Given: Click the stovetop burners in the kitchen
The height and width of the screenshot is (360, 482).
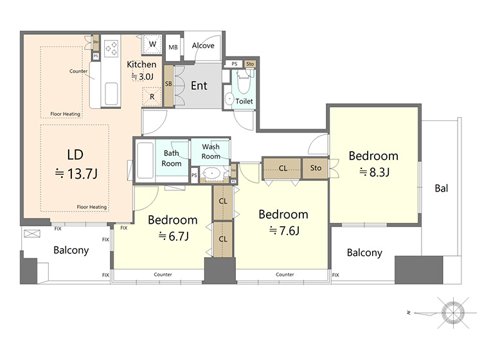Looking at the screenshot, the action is pos(111,49).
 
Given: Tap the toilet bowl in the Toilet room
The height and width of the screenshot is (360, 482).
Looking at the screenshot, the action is pos(244,82).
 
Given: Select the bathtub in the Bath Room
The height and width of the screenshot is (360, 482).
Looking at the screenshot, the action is pos(145,161).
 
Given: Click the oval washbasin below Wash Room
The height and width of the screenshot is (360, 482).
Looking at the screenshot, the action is pos(211,174).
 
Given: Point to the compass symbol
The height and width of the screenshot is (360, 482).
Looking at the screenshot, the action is pos(453,313).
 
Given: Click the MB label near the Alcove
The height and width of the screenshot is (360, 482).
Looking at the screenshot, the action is pos(173,48).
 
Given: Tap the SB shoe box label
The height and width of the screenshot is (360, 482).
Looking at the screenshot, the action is pos(168,84).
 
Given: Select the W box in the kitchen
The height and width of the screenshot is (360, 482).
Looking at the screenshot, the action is pos(152,44).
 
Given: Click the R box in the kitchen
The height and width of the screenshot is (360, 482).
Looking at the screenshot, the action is pos(152,97).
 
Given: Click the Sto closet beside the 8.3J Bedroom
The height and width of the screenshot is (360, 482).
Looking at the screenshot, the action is pos(316,168).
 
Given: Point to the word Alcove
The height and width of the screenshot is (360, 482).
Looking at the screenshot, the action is pos(203,46).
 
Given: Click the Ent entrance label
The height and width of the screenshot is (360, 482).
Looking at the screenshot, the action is pos(199,85).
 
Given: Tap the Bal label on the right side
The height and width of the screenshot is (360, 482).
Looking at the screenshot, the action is pos(442,188).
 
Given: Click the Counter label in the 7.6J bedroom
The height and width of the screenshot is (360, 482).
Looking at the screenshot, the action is pos(285,274).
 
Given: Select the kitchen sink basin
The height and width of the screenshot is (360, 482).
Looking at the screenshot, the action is pos(111,93).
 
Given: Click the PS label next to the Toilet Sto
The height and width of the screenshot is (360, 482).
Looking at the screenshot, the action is pos(235,64).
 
